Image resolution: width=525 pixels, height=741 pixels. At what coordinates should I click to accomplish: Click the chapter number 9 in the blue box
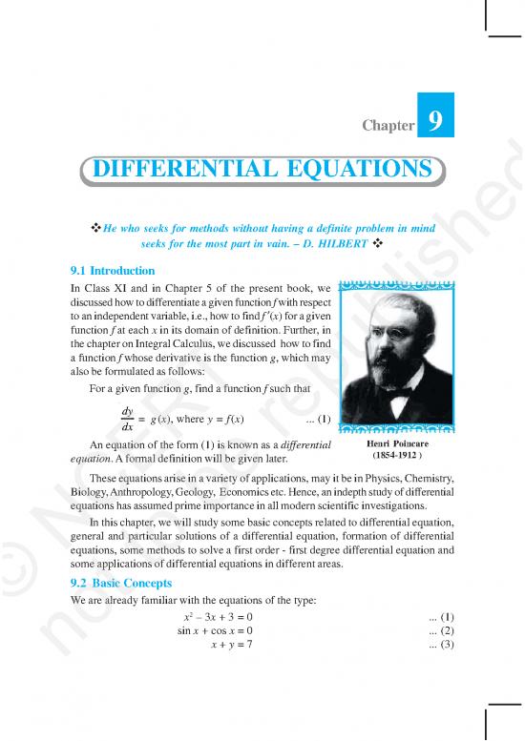pyautogui.click(x=434, y=123)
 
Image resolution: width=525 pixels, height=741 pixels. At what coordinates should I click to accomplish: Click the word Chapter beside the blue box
pyautogui.click(x=387, y=125)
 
